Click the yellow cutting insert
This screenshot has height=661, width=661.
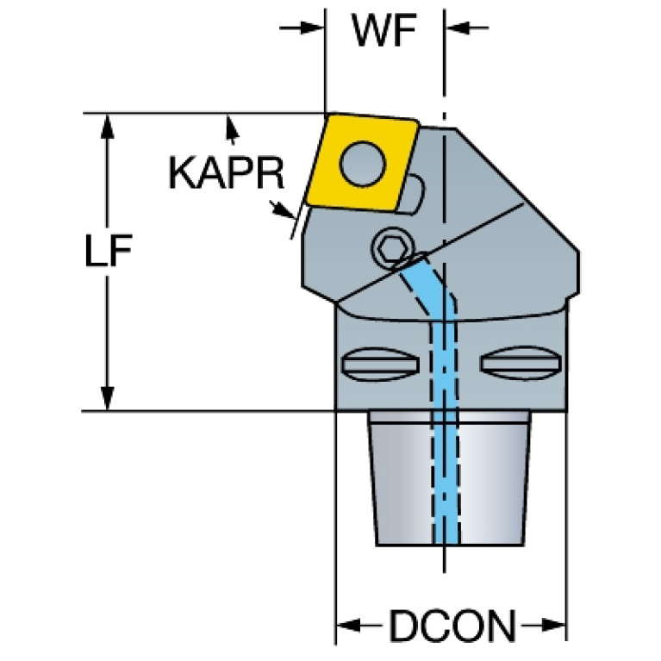pos(362,164)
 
